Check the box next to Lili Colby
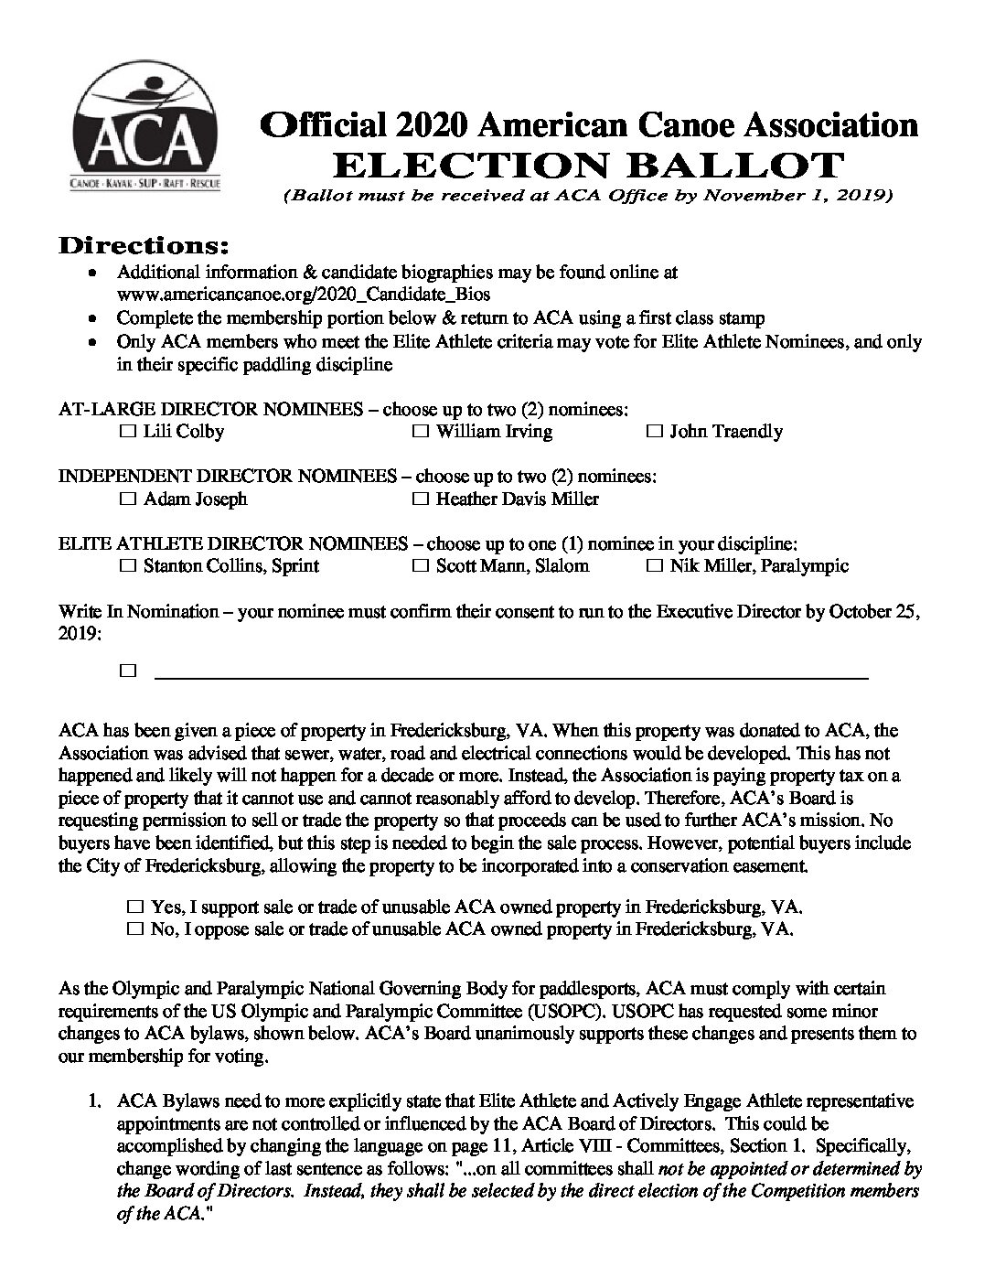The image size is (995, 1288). click(127, 431)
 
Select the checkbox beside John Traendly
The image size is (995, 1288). click(654, 431)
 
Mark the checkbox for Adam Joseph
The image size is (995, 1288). click(127, 499)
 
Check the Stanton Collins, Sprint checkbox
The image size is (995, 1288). click(127, 565)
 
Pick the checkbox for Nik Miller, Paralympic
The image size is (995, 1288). click(654, 565)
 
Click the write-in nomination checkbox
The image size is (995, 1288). click(127, 671)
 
